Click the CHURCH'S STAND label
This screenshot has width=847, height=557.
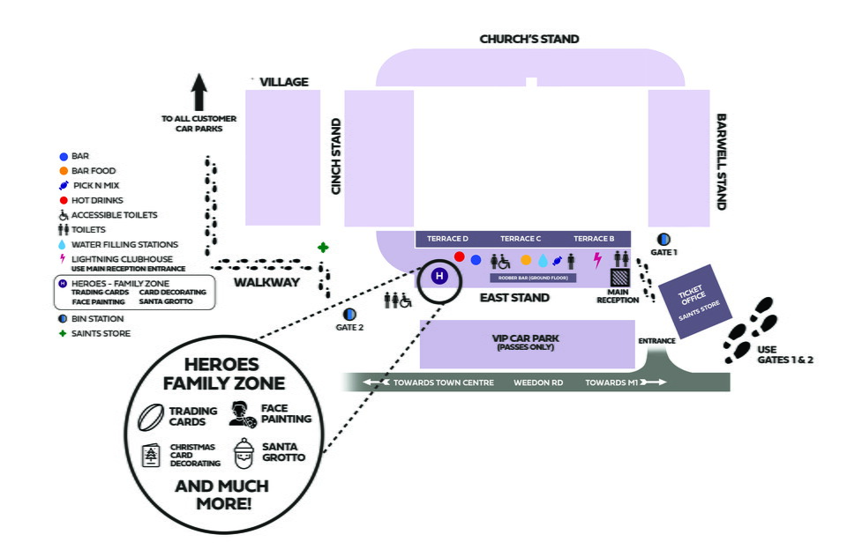(529, 39)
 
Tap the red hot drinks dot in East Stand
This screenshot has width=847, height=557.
(459, 256)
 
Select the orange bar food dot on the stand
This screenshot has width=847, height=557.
(526, 260)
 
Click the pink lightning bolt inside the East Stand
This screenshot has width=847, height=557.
(597, 260)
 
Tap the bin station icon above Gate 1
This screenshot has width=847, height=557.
(663, 239)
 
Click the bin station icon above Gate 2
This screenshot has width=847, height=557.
(350, 314)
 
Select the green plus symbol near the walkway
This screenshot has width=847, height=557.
(324, 248)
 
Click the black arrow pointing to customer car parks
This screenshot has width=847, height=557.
(199, 92)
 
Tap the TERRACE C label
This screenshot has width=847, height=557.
(521, 239)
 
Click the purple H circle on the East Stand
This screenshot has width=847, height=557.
(438, 277)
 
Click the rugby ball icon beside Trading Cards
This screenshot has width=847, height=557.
(153, 414)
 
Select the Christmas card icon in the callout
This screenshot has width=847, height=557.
(152, 455)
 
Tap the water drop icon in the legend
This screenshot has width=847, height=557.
(62, 244)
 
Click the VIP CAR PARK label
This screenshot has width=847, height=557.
(527, 338)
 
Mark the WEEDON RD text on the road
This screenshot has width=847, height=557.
(537, 383)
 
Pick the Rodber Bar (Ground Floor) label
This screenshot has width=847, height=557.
(533, 278)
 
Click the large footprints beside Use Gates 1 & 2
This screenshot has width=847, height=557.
(750, 330)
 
